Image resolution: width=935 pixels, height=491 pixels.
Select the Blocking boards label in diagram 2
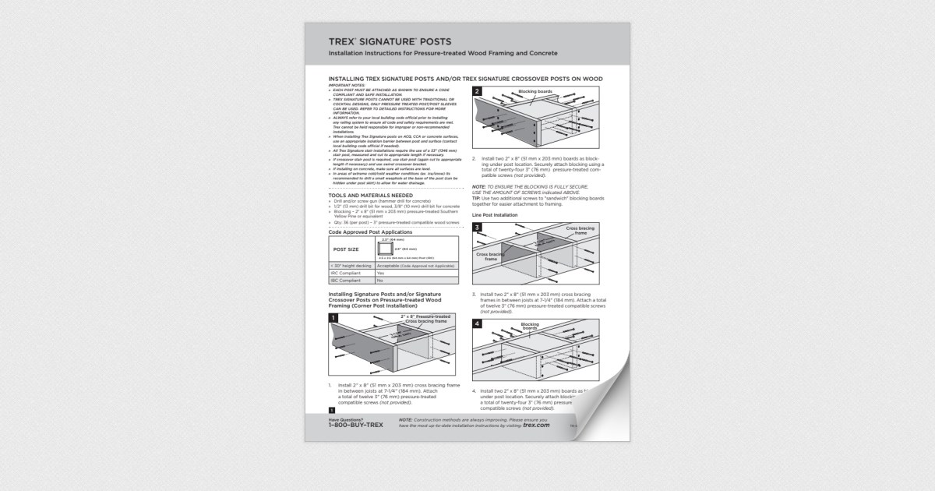point(535,91)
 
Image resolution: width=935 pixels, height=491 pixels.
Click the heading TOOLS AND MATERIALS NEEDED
point(370,195)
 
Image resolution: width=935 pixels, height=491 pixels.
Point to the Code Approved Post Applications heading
point(370,232)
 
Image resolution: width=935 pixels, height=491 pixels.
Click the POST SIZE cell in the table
point(346,249)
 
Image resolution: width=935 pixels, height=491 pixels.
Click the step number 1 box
point(333,318)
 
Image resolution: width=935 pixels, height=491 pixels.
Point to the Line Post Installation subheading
point(495,214)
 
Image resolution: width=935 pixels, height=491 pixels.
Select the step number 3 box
point(477,228)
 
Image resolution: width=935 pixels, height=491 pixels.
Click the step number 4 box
point(477,323)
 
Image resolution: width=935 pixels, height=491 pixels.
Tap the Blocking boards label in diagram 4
point(530,327)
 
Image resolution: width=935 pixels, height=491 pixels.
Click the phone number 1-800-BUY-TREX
point(355,426)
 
